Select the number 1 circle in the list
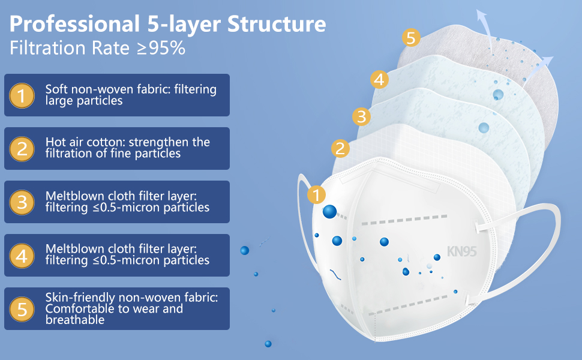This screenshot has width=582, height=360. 22,95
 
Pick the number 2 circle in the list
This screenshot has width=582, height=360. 22,148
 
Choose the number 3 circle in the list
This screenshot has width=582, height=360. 22,202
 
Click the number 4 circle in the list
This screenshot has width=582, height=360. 22,256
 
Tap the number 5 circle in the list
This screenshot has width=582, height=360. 22,309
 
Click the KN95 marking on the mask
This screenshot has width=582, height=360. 461,251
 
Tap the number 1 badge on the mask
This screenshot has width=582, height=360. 316,194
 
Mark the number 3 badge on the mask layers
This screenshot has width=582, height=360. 361,116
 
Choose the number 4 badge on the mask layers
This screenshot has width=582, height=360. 378,79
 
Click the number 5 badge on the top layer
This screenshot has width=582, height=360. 410,38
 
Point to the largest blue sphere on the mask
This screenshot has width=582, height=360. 329,211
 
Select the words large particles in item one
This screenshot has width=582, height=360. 83,100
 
